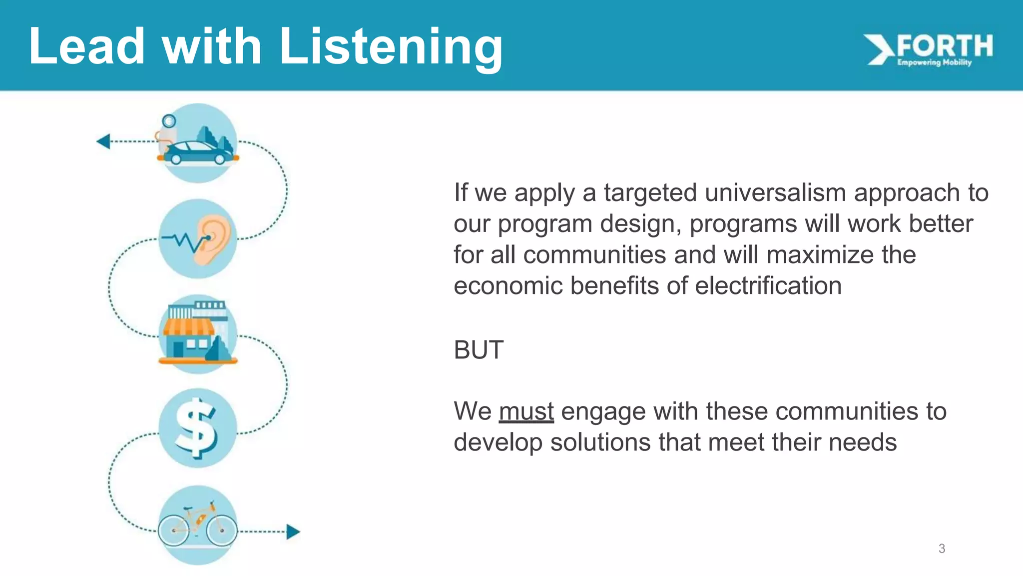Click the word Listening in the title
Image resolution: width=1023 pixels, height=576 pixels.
(x=391, y=47)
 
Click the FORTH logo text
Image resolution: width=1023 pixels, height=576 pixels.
(x=945, y=46)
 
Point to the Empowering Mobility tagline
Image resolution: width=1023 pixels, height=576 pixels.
(x=934, y=62)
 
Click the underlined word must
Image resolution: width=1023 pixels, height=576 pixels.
(x=526, y=412)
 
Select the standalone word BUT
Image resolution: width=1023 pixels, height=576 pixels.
(x=478, y=349)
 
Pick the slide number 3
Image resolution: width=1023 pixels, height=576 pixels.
(x=942, y=548)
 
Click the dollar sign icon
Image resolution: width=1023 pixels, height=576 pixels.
(x=197, y=428)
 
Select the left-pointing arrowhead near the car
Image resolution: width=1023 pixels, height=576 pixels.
(x=103, y=141)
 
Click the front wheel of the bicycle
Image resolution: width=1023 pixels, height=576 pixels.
(x=221, y=530)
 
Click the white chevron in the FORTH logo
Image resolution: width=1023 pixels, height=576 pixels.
(x=879, y=49)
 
